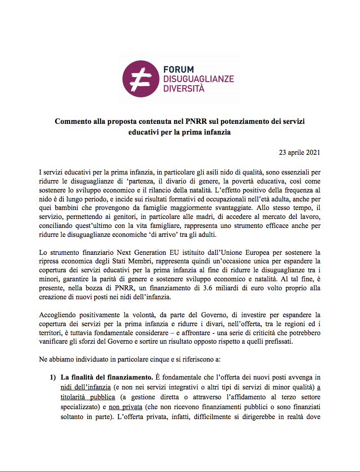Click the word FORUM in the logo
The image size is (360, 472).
click(178, 70)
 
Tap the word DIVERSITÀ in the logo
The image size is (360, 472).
click(184, 88)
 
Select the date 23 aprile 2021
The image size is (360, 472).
click(300, 153)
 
